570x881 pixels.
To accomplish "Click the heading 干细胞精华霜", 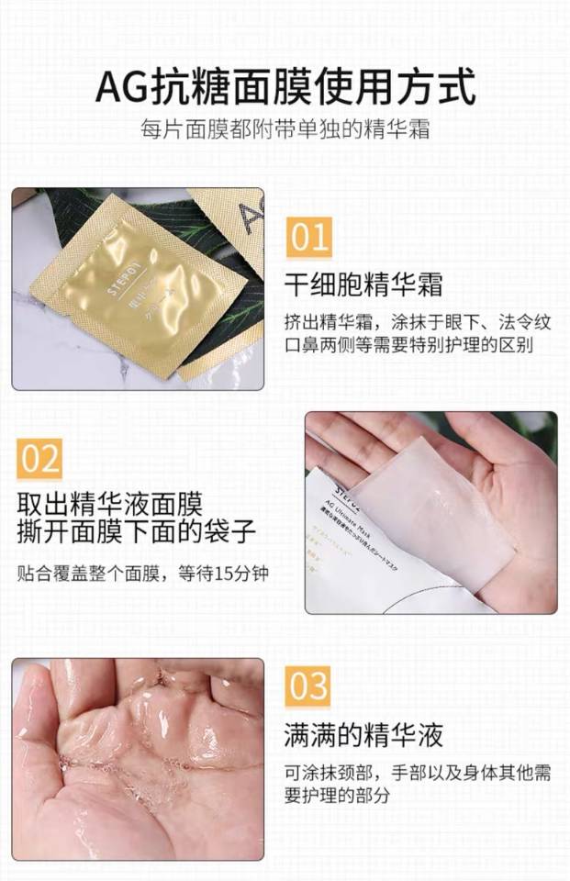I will [x=363, y=284].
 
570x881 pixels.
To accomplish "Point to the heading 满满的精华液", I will [x=363, y=734].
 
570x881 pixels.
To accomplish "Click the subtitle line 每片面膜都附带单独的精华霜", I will [x=285, y=129].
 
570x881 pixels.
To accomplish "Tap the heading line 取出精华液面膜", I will [x=109, y=503].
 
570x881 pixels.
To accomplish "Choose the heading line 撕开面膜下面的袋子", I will [x=135, y=531].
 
